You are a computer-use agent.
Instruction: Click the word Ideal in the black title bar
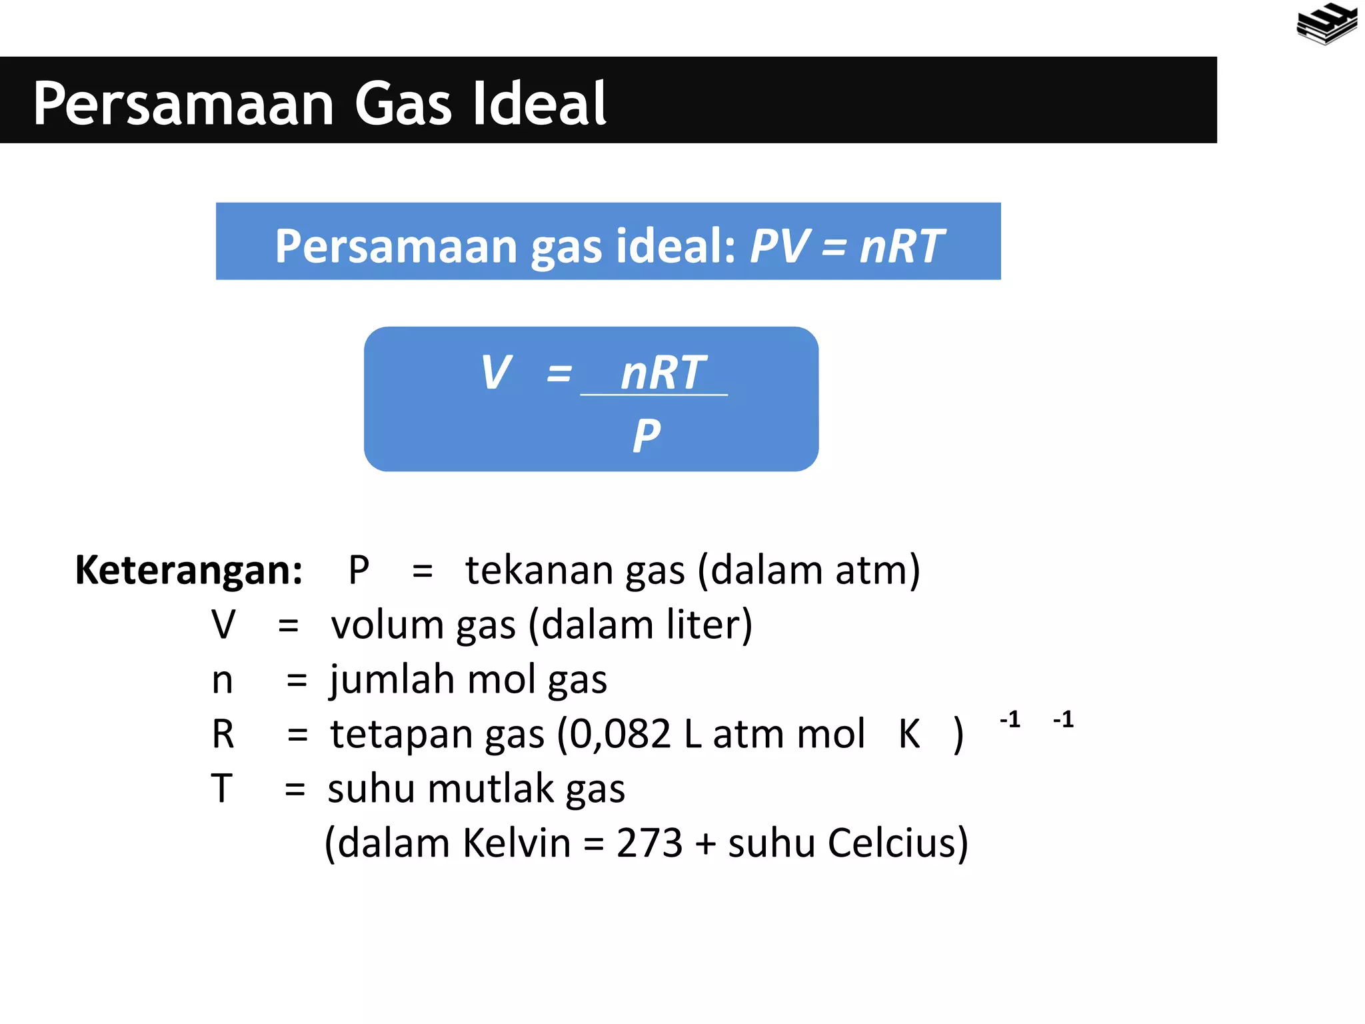coord(539,103)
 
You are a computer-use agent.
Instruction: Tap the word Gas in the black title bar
coord(403,103)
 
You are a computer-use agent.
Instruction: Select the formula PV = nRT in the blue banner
coord(846,246)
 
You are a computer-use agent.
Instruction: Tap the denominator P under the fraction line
coord(647,435)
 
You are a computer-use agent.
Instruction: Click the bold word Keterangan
coord(189,570)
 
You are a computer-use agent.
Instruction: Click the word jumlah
coord(393,680)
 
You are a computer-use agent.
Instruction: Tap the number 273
coord(649,843)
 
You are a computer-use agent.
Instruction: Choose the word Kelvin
coord(517,843)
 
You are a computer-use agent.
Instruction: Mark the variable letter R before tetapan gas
coord(223,734)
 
